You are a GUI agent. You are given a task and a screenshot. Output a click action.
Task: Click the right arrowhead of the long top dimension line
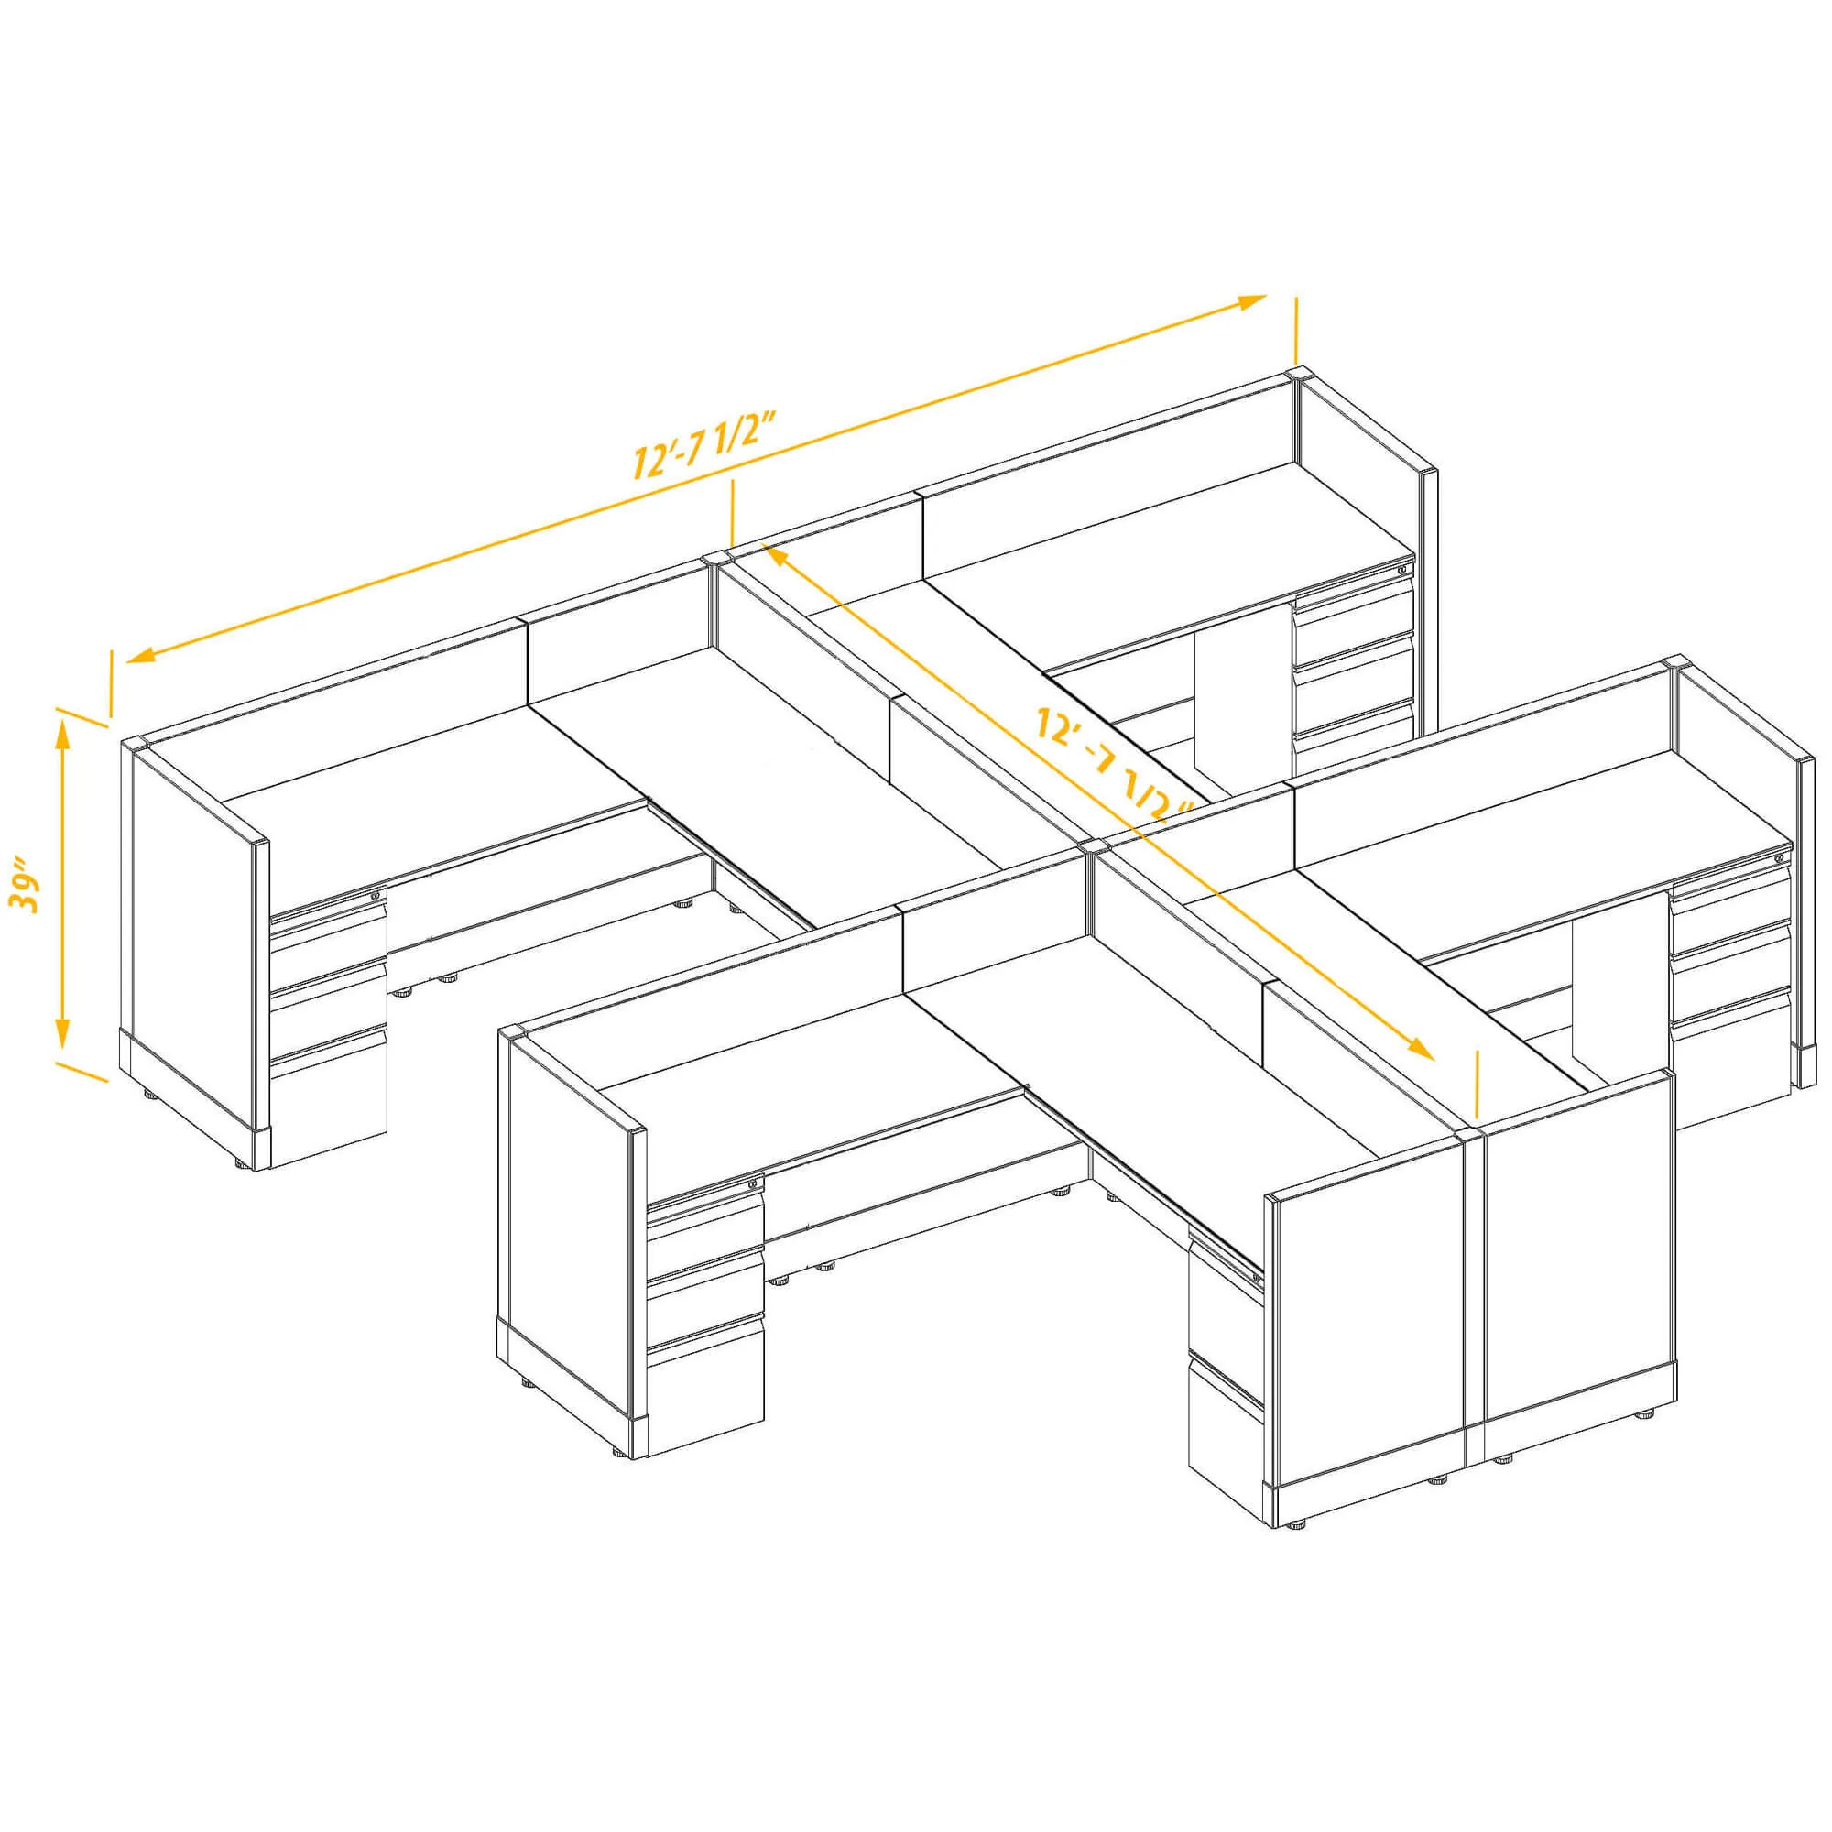click(1249, 301)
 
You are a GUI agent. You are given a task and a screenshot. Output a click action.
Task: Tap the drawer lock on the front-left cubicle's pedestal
click(754, 1183)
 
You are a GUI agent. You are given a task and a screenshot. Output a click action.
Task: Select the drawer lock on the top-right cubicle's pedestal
click(1402, 569)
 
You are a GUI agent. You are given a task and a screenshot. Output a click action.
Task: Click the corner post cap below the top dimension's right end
click(1299, 375)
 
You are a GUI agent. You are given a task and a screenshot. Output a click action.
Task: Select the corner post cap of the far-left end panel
click(135, 745)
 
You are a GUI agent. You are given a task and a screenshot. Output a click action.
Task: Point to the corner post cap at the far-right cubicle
click(1676, 662)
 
